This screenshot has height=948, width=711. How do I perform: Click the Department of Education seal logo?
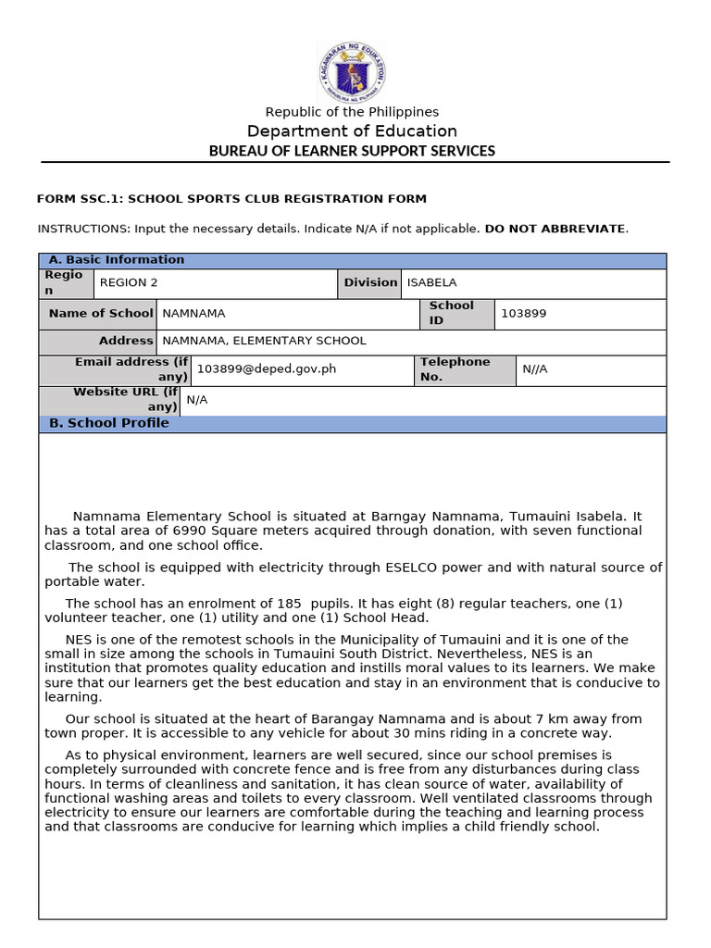352,71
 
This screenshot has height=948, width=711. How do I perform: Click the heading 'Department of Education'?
352,131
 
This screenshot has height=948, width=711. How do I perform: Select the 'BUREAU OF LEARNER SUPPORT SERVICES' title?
352,151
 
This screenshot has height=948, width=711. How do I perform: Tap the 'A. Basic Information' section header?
117,260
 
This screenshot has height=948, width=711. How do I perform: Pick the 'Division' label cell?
370,283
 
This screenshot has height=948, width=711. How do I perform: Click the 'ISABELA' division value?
431,283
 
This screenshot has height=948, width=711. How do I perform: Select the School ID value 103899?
523,314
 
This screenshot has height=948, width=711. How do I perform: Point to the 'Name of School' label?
101,314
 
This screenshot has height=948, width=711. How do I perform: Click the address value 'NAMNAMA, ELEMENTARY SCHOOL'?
264,341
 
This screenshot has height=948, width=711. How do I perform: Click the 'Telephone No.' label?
455,369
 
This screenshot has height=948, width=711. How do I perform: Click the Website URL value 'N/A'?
197,400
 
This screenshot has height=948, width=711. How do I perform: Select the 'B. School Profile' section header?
109,423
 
